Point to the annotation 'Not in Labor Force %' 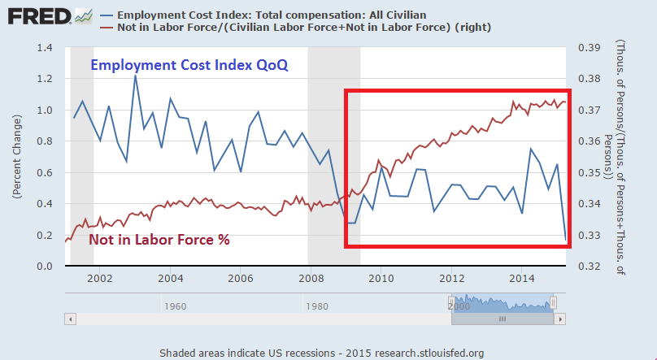coord(159,241)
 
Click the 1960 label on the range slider coord(175,306)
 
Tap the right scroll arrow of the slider coord(559,319)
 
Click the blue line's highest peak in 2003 coord(135,76)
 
